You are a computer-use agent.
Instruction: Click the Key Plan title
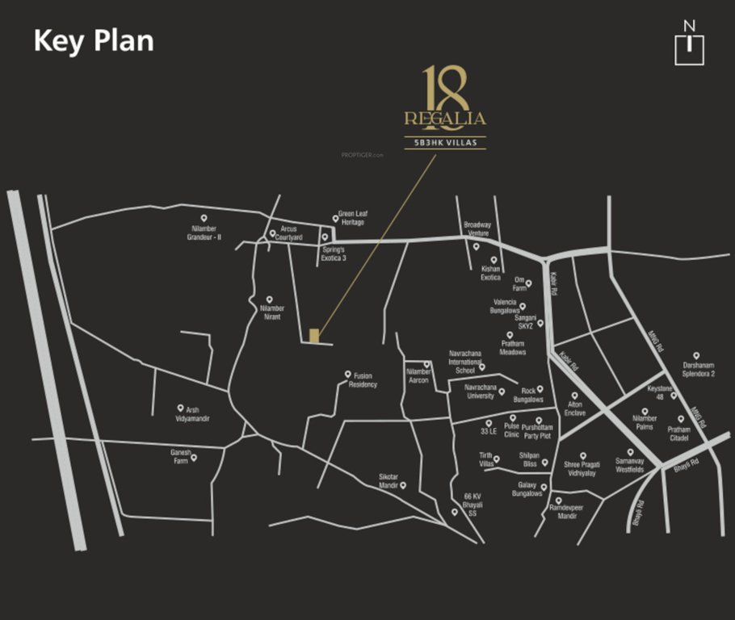pos(93,40)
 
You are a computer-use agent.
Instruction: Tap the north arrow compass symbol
pos(689,44)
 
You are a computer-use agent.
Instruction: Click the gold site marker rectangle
pos(315,335)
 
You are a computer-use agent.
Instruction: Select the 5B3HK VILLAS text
pos(445,143)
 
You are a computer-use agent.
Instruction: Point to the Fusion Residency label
pos(363,380)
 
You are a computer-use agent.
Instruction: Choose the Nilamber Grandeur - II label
pos(204,233)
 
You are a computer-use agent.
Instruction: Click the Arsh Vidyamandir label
pos(192,414)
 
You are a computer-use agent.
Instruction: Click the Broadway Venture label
pos(477,229)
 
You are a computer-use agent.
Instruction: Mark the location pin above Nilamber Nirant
pos(270,300)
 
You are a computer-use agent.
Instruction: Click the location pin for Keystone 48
pos(674,396)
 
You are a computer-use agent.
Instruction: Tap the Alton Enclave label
pos(574,408)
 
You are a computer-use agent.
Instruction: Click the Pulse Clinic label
pos(512,429)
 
